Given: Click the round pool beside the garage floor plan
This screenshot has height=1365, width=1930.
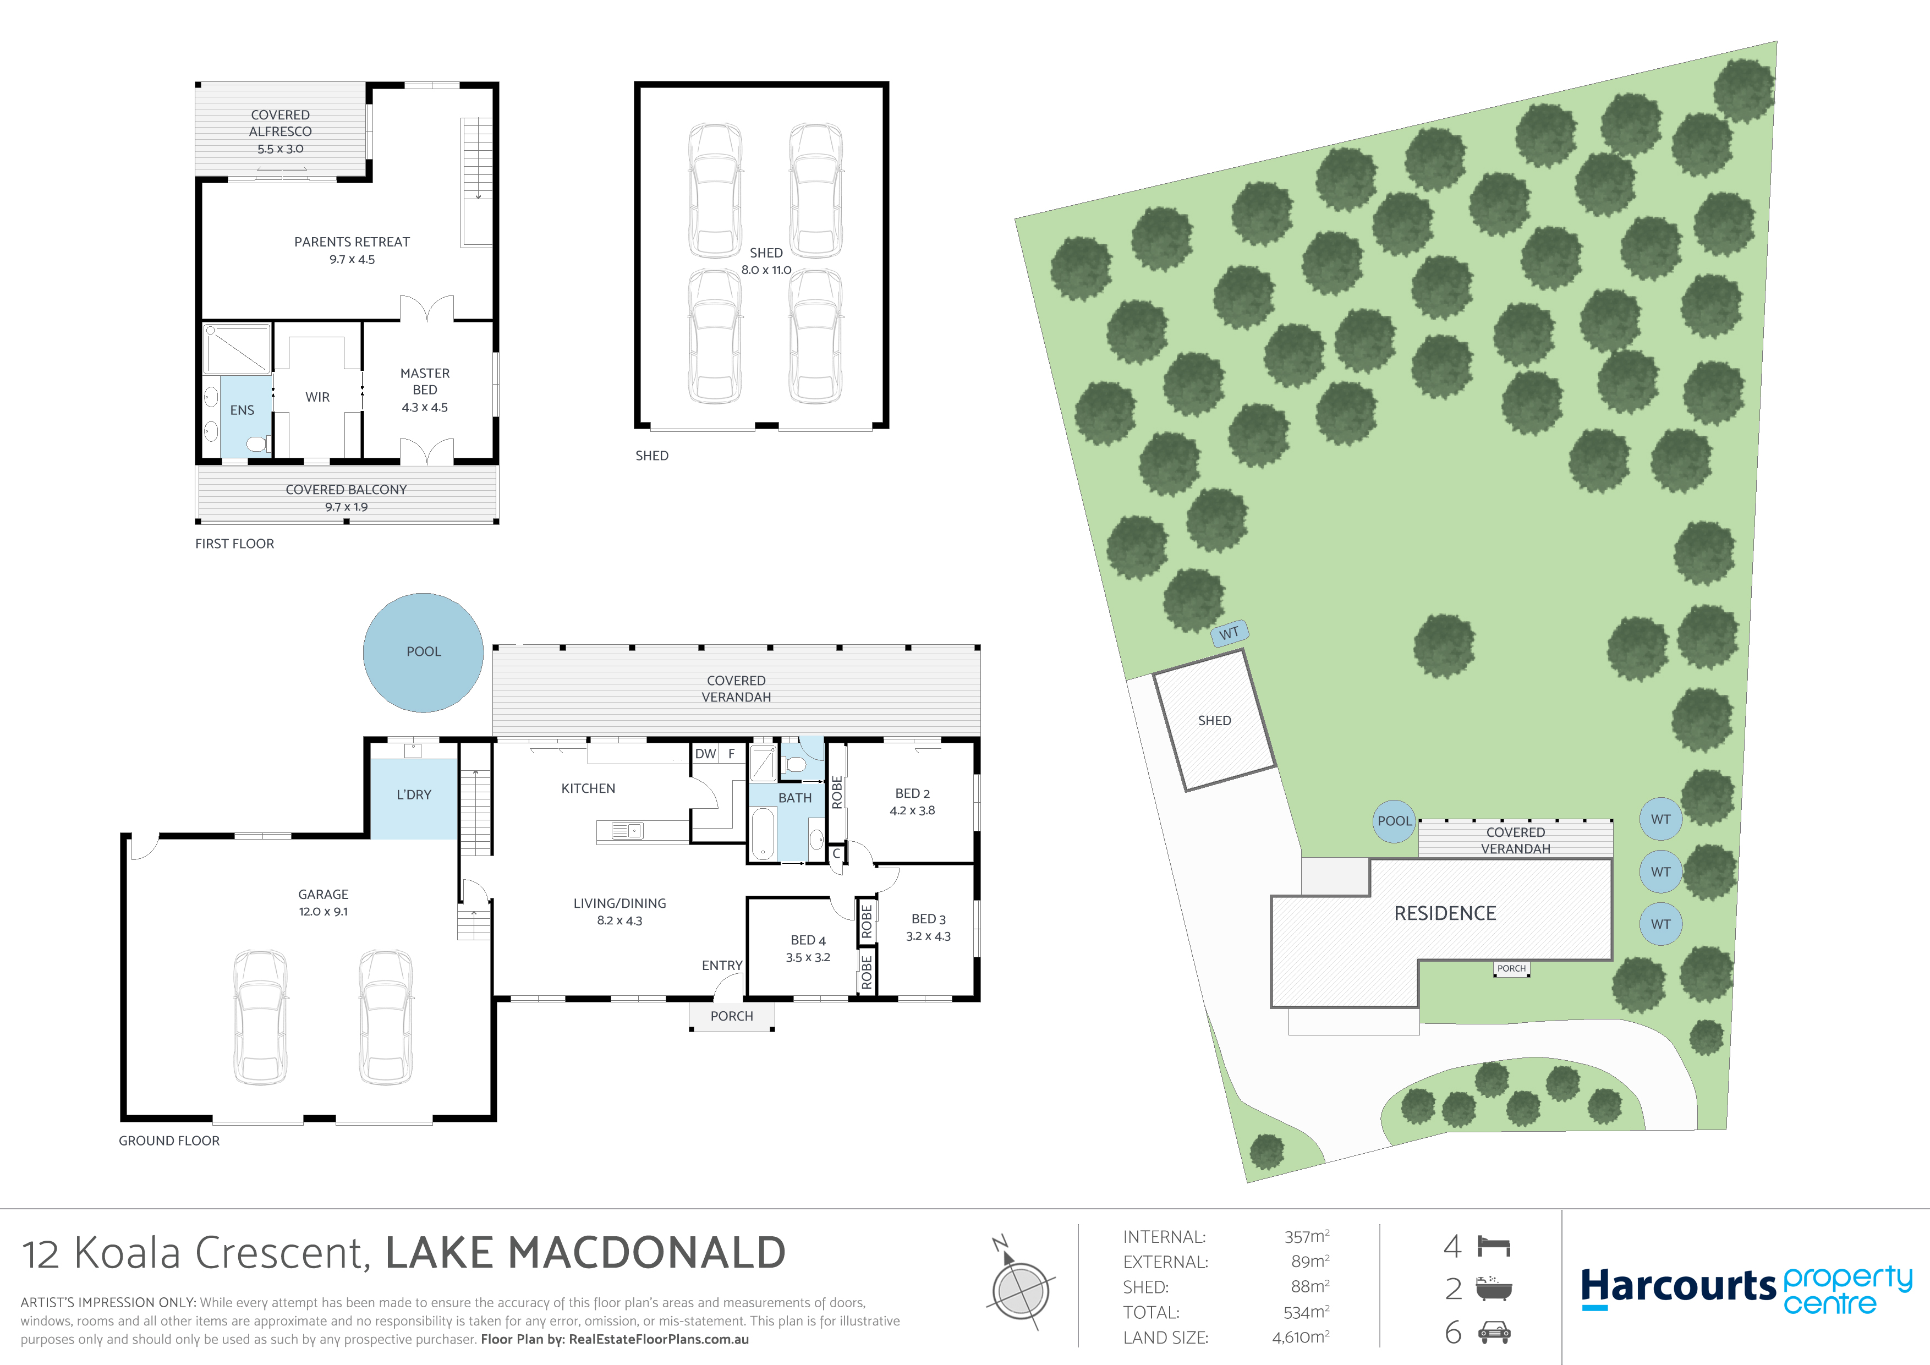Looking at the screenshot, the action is tap(423, 653).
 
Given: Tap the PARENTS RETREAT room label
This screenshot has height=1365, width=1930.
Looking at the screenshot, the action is tap(352, 242).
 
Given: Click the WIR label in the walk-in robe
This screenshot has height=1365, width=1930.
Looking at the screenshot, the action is tap(318, 397).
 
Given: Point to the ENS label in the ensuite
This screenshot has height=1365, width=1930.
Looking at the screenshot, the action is tap(242, 410).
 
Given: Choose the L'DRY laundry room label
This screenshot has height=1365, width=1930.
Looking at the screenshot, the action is tap(414, 794).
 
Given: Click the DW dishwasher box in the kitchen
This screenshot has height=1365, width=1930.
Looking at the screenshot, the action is tap(705, 754).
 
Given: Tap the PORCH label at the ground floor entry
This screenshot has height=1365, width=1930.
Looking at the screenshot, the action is tap(731, 1016).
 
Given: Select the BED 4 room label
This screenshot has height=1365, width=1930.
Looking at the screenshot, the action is tap(808, 941).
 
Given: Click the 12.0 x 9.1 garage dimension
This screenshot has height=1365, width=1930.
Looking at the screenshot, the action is tap(324, 912).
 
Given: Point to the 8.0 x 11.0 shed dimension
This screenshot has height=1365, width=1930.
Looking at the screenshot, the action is tap(766, 270).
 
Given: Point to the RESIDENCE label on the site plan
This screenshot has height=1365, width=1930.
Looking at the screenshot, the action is tap(1445, 914).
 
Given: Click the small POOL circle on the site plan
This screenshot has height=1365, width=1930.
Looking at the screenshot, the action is tap(1395, 821).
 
